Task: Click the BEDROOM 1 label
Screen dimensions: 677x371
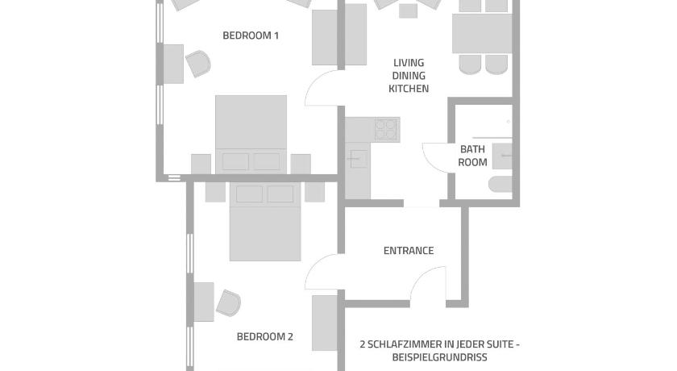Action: tap(251, 35)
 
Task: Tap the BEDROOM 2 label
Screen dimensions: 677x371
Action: tap(264, 336)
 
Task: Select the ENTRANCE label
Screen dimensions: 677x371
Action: tap(409, 251)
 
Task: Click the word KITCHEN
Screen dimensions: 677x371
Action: tap(409, 89)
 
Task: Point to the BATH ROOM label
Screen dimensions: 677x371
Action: tap(472, 156)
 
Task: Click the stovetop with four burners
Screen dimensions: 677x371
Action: tap(386, 129)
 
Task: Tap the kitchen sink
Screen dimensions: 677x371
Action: tap(359, 159)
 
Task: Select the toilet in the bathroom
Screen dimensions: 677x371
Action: tap(500, 184)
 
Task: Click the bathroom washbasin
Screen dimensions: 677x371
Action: tap(502, 156)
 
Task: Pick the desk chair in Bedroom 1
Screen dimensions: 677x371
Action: tap(198, 64)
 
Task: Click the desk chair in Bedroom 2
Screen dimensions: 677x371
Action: tap(228, 302)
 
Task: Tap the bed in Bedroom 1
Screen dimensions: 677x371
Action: tap(251, 135)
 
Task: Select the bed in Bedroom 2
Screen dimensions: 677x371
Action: tap(265, 222)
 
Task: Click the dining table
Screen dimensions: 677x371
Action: tap(482, 34)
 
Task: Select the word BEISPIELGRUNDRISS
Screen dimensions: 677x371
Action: tap(439, 357)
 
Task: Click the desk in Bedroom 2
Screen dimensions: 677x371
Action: tap(204, 302)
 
